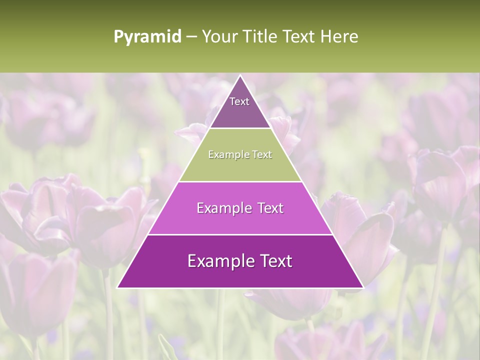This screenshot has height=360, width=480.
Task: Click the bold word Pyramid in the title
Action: pyautogui.click(x=147, y=37)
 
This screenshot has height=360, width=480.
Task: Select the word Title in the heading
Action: pyautogui.click(x=263, y=36)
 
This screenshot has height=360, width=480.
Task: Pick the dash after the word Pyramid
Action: pyautogui.click(x=191, y=37)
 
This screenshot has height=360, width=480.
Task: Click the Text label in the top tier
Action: pyautogui.click(x=239, y=101)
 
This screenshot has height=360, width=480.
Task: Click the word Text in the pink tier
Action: pyautogui.click(x=270, y=208)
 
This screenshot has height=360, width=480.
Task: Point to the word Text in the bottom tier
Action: pyautogui.click(x=275, y=261)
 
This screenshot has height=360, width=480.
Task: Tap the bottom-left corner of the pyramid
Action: pyautogui.click(x=117, y=287)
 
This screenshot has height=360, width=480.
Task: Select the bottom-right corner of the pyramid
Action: pyautogui.click(x=363, y=287)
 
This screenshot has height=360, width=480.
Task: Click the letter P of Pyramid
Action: pyautogui.click(x=118, y=37)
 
